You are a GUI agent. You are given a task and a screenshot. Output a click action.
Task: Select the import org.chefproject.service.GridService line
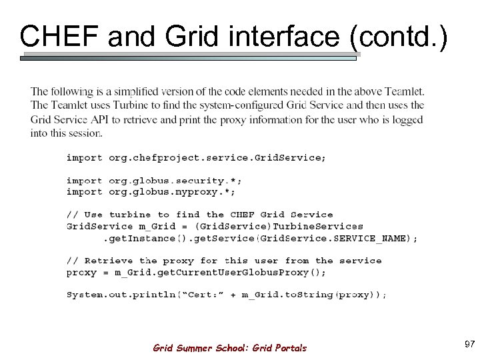(196, 158)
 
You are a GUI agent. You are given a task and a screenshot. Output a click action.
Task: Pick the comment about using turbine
(199, 215)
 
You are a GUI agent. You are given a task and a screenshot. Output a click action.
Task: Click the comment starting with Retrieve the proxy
(223, 261)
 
